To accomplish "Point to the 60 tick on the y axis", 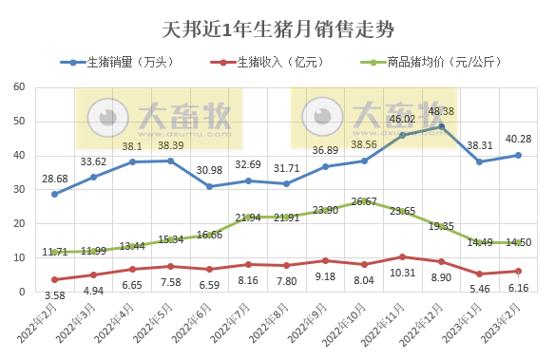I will (18, 87).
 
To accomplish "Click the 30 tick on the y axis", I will (18, 189).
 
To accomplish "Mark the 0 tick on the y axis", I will (21, 292).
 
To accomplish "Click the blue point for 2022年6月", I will (210, 186).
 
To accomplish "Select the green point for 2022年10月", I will (365, 201).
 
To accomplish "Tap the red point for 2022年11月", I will (403, 256).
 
